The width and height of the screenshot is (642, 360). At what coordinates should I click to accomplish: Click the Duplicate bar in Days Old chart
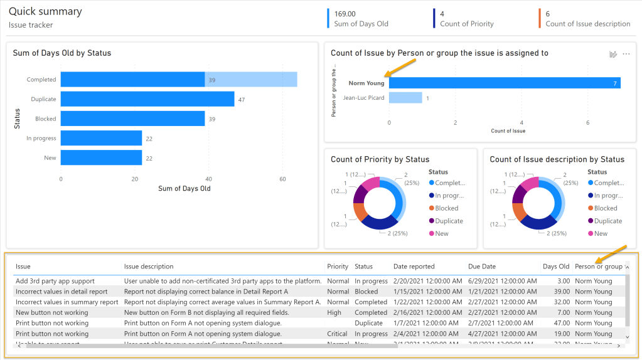[x=147, y=99]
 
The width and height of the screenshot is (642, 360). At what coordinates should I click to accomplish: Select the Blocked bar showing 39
[x=132, y=119]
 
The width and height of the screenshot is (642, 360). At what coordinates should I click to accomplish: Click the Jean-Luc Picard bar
[x=405, y=98]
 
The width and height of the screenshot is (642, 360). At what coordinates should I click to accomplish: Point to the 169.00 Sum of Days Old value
[x=345, y=14]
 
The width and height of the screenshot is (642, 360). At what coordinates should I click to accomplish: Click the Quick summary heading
[x=45, y=11]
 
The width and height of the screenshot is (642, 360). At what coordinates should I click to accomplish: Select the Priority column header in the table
[x=338, y=267]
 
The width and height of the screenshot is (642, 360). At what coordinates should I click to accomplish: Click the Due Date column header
[x=481, y=267]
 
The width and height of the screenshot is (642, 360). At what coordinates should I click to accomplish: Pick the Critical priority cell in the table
[x=338, y=334]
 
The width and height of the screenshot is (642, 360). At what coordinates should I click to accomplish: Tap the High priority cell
[x=334, y=312]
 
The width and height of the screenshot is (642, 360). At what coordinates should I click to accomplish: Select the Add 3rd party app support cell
[x=55, y=281]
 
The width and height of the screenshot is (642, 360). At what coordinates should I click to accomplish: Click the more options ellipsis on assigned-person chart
[x=626, y=55]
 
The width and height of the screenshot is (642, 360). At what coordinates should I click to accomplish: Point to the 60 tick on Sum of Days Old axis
[x=282, y=179]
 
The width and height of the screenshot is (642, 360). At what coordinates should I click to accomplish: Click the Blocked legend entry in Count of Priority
[x=446, y=208]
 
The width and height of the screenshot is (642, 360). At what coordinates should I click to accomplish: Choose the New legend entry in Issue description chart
[x=600, y=233]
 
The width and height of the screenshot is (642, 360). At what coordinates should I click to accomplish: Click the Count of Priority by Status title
[x=380, y=159]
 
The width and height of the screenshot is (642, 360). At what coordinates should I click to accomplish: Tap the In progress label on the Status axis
[x=41, y=138]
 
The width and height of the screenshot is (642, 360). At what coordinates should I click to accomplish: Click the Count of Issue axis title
[x=508, y=131]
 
